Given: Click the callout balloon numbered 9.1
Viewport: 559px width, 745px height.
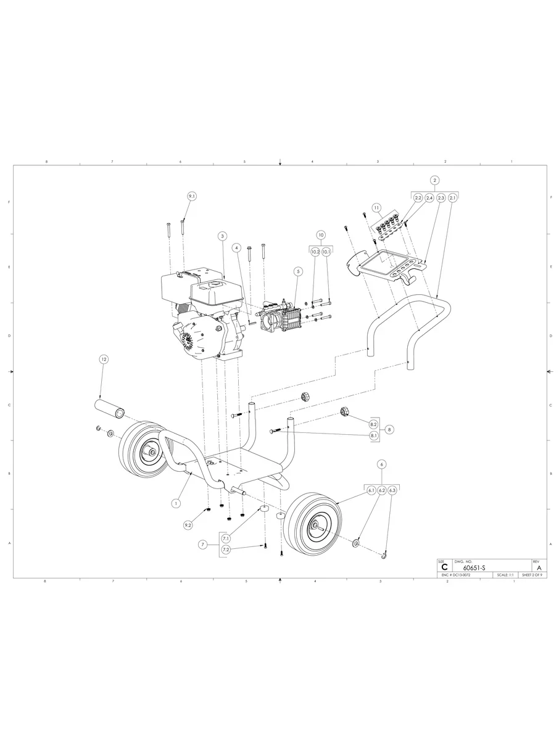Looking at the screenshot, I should point(191,196).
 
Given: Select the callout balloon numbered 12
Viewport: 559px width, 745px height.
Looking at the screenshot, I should point(104,359).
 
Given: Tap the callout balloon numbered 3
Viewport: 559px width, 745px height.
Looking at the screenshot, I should point(222,236).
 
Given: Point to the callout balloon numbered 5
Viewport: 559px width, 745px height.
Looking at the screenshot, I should point(297,271).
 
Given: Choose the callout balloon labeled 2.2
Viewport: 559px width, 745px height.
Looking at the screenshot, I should point(418,198).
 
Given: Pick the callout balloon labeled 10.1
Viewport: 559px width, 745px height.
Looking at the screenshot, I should point(326,252).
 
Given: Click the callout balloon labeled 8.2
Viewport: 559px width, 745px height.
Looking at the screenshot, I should point(373,425).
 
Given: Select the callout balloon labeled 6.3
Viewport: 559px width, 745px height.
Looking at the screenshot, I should point(392,490).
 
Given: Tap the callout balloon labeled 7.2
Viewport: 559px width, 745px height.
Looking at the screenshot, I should point(226,549).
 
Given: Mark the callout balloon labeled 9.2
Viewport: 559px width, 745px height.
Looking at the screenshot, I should point(188,525).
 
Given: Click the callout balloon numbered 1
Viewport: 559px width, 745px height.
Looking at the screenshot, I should point(176,503).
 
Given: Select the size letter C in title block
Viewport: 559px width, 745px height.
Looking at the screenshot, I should point(444,567).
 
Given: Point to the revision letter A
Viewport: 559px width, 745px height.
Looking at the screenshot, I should point(539,567).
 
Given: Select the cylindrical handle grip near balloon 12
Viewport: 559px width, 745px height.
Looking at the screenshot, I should point(109,408).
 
